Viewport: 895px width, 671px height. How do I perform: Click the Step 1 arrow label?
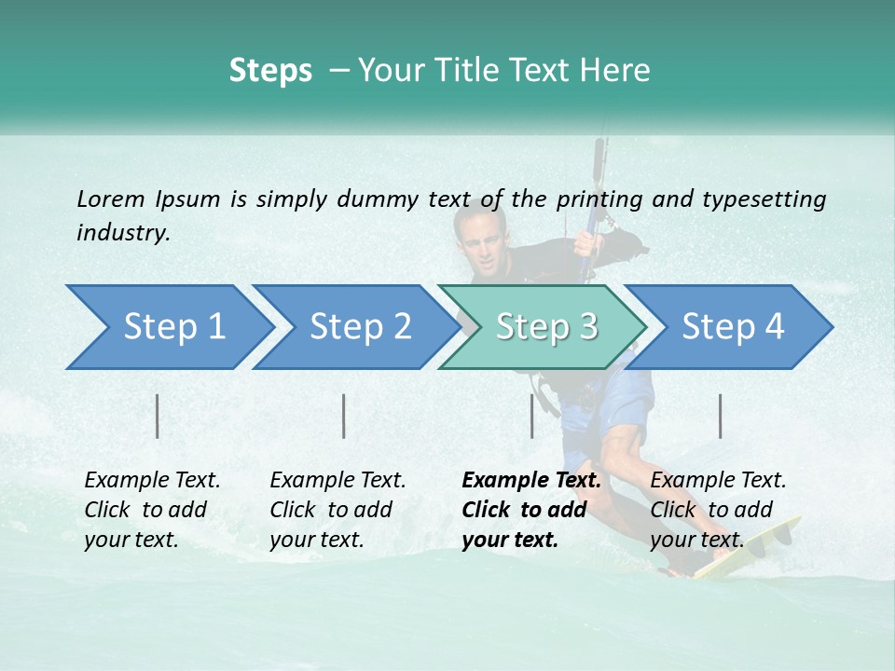174,327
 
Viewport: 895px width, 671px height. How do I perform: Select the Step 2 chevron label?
361,327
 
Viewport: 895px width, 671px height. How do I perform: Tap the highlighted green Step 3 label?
547,327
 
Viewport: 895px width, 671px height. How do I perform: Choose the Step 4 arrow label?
733,327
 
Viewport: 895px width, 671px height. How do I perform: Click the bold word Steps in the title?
270,71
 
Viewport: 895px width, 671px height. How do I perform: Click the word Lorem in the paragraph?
111,199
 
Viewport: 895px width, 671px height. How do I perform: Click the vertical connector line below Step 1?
158,416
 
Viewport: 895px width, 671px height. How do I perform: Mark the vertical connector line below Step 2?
344,416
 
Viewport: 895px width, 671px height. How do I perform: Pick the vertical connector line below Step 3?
531,416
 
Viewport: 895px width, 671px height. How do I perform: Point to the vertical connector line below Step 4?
720,416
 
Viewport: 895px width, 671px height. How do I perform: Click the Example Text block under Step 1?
152,510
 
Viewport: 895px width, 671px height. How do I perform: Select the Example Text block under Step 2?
337,510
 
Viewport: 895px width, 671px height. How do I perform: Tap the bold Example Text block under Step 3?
531,510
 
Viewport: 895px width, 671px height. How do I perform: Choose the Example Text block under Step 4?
718,510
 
